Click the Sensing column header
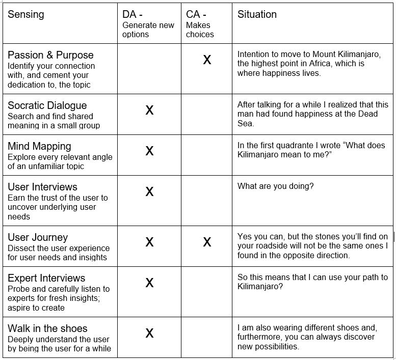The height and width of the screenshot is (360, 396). coord(26,14)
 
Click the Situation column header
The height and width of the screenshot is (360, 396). coord(257,14)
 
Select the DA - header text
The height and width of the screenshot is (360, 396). coord(133,14)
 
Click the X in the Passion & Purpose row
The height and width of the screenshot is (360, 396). coord(207,60)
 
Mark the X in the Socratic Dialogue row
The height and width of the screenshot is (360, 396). coord(149,110)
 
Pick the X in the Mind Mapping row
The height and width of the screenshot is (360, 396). coord(149,151)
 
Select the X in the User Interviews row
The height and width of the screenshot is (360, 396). coord(149,191)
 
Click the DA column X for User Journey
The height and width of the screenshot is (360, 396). coord(149,242)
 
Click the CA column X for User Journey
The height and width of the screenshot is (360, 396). coord(207,242)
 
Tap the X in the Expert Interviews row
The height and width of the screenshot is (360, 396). coord(149,283)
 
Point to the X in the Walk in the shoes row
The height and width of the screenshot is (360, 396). coord(149,333)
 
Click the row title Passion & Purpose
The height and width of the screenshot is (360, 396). coord(50,55)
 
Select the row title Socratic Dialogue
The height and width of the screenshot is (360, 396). coord(47,105)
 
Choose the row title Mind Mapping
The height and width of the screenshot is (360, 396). coord(39,146)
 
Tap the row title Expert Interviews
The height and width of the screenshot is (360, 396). coord(46,278)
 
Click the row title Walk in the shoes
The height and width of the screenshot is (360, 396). coord(47,328)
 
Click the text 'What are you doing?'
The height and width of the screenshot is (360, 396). coord(276,186)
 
